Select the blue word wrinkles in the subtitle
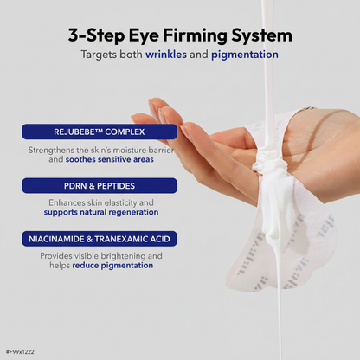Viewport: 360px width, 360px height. click(x=166, y=55)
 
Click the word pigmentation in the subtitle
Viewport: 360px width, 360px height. click(x=245, y=55)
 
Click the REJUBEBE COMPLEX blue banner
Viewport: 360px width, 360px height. click(x=100, y=132)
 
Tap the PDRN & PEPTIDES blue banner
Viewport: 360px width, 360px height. click(x=100, y=186)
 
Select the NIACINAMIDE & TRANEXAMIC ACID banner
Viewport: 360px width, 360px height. click(x=100, y=239)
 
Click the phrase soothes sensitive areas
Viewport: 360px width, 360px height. click(x=109, y=159)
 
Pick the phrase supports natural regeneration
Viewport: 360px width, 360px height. click(x=101, y=212)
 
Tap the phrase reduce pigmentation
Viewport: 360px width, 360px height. click(x=112, y=266)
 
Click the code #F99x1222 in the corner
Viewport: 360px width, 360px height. click(x=20, y=352)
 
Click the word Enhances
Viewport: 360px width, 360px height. click(x=67, y=202)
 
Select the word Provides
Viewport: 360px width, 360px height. click(x=56, y=256)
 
